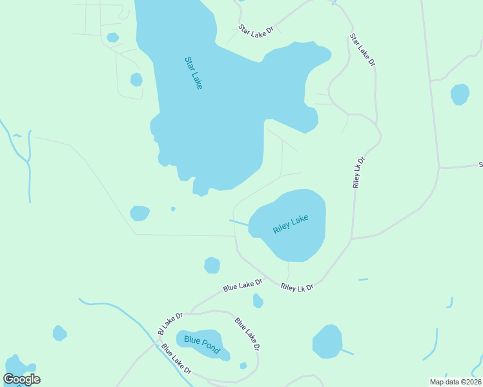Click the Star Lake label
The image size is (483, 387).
194,73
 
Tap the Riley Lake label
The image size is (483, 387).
291,224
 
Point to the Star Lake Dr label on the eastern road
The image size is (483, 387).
362,50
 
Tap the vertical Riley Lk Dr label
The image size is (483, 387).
358,172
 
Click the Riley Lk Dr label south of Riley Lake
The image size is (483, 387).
297,287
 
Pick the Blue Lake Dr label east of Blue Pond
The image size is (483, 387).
247,333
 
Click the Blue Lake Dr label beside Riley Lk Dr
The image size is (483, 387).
243,285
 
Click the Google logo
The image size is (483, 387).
22,379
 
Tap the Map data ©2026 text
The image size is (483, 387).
455,382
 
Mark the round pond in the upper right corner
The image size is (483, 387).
460,94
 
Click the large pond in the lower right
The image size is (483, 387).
327,341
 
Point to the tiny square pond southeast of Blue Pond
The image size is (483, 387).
243,366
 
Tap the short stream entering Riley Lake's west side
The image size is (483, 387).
239,223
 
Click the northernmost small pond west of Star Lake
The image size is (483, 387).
113,37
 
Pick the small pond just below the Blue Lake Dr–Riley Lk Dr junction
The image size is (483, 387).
258,301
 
